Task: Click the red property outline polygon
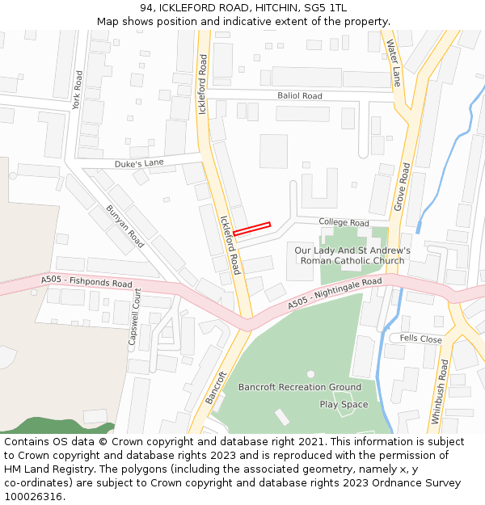click(251, 229)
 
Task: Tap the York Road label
click(78, 91)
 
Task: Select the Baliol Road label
click(300, 96)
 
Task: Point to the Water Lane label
click(394, 63)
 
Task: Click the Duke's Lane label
click(138, 163)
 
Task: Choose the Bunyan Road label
click(124, 226)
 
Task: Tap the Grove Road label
click(402, 187)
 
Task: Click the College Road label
click(344, 222)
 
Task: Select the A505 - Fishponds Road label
click(86, 282)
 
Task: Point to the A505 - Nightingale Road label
click(335, 293)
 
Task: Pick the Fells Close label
click(420, 339)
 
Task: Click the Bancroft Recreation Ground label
click(299, 387)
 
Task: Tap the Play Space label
click(344, 404)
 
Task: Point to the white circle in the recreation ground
click(310, 374)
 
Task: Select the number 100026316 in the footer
click(33, 497)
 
